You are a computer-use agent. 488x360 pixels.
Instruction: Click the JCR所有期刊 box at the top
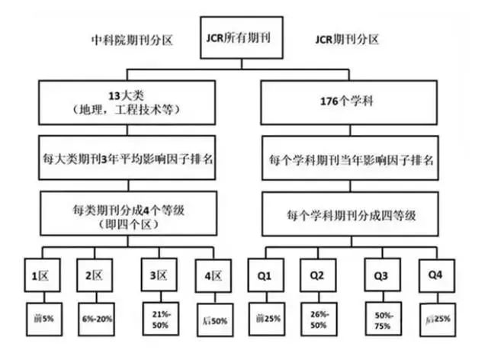point(243,36)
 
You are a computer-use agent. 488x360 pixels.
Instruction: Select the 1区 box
point(36,272)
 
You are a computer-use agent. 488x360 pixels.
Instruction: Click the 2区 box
point(95,272)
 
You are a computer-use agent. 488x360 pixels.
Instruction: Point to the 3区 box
point(158,272)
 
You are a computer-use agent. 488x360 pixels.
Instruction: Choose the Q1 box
point(265,272)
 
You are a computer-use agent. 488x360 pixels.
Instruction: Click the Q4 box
point(436,272)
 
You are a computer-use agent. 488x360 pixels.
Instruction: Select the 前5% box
point(36,317)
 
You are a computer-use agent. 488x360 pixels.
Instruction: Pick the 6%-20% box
point(95,317)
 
